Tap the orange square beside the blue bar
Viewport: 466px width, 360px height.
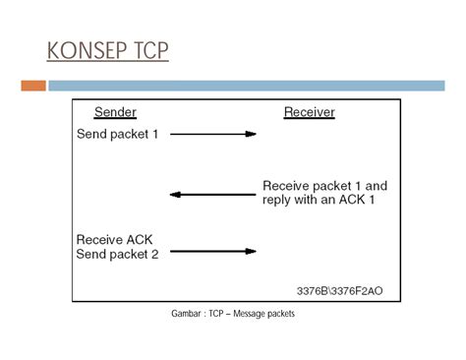pyautogui.click(x=33, y=86)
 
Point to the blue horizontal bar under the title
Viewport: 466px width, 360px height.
pyautogui.click(x=246, y=86)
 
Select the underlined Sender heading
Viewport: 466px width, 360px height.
pyautogui.click(x=115, y=112)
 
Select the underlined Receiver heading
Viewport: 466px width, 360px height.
pyautogui.click(x=309, y=112)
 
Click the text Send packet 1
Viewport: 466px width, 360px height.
pyautogui.click(x=116, y=134)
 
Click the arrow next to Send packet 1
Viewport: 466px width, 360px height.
pyautogui.click(x=213, y=134)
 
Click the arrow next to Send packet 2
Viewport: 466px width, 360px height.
pyautogui.click(x=213, y=252)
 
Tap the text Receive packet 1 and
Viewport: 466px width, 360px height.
pyautogui.click(x=324, y=185)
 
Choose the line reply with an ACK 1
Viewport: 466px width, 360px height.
pyautogui.click(x=319, y=200)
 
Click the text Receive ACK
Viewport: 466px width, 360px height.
pyautogui.click(x=114, y=239)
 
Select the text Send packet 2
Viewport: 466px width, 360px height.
pyautogui.click(x=116, y=254)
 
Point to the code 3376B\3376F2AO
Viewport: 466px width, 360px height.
pyautogui.click(x=341, y=291)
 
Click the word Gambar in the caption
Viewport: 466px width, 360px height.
pyautogui.click(x=187, y=314)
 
